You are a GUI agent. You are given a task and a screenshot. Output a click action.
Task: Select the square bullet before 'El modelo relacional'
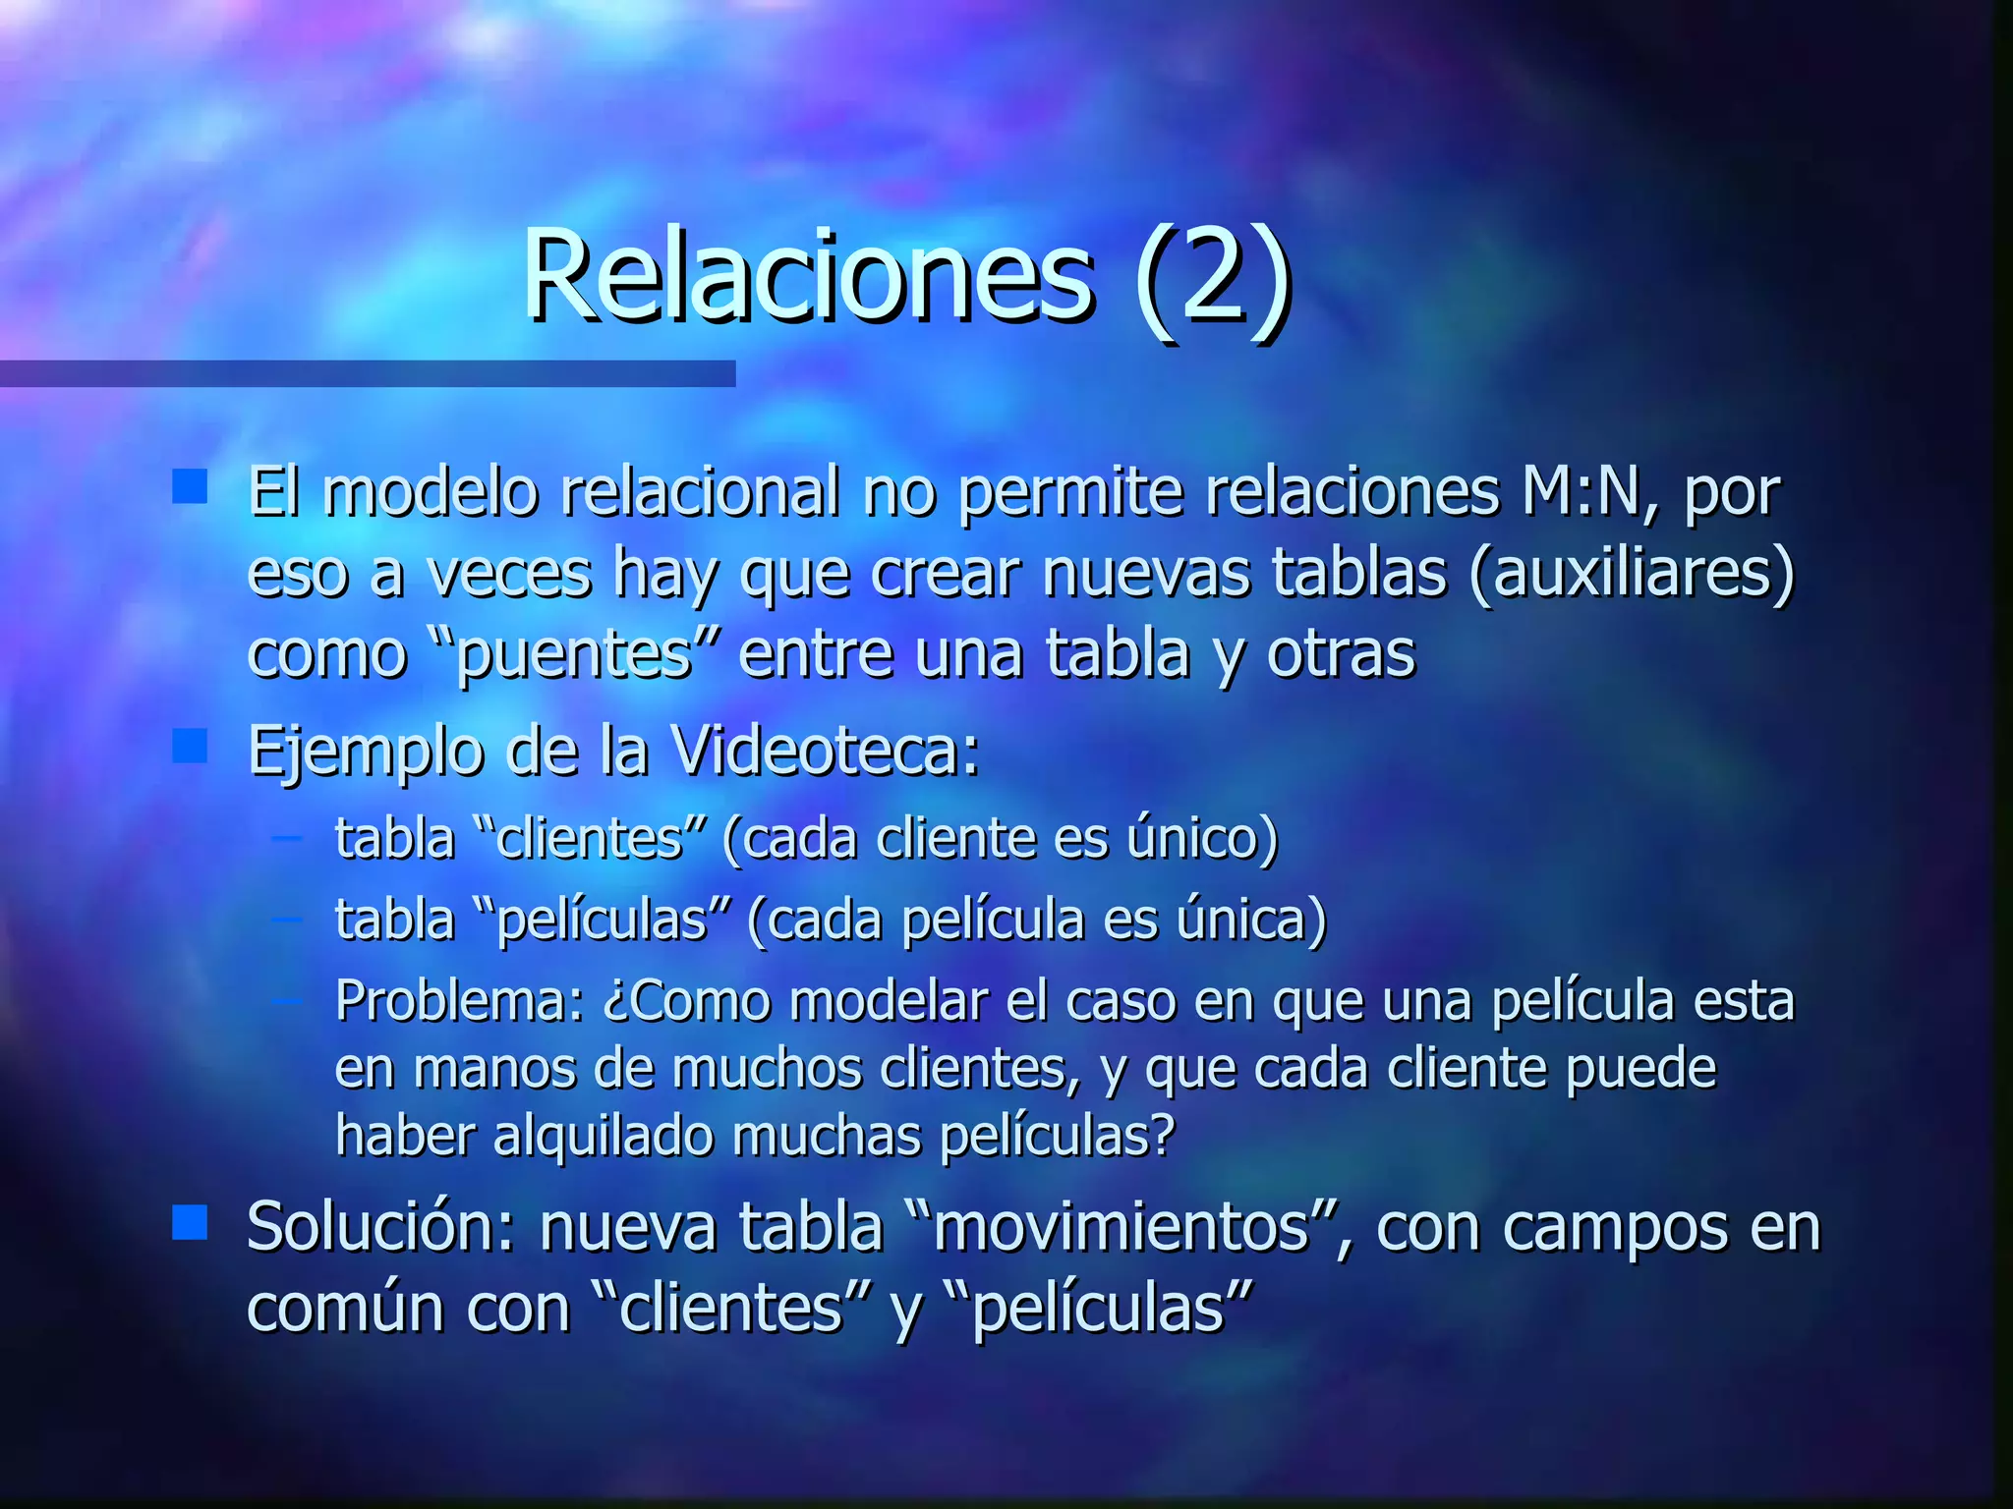pos(190,486)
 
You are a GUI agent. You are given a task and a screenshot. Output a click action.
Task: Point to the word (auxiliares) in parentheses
pos(1632,573)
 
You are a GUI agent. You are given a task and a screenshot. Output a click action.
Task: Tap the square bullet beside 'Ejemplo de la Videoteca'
pos(190,746)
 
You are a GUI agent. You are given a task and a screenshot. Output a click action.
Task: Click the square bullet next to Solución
pos(190,1223)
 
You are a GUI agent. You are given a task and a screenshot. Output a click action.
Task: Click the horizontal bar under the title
pos(368,373)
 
